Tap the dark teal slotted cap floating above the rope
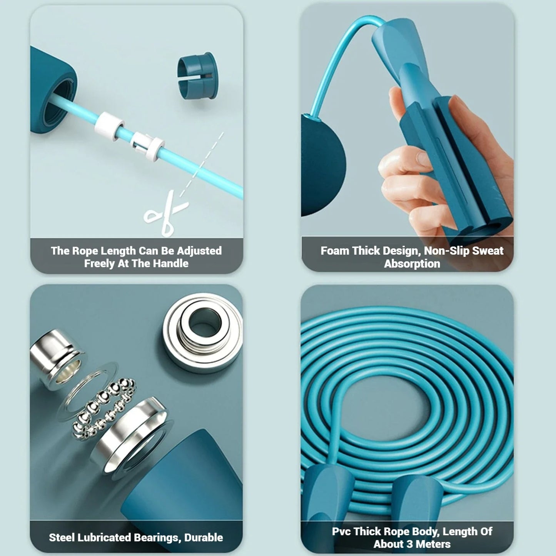click(198, 75)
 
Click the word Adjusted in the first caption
click(199, 251)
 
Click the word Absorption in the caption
click(412, 264)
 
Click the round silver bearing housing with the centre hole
click(202, 332)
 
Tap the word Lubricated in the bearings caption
click(104, 538)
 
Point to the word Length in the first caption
click(118, 251)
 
